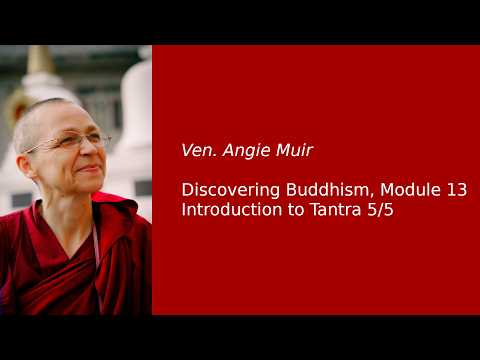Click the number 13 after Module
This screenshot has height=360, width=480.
pyautogui.click(x=456, y=189)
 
